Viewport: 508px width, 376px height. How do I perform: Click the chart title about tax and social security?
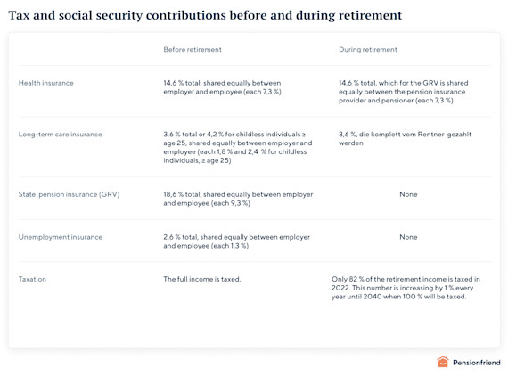205,15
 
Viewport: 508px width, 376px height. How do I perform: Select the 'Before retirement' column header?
193,50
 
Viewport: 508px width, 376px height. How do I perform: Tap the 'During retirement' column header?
368,50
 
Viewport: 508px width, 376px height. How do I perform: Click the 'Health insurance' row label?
46,83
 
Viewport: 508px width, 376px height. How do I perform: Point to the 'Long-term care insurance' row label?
61,135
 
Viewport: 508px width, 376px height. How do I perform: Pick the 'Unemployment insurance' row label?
61,237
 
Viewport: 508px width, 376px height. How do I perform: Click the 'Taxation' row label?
32,279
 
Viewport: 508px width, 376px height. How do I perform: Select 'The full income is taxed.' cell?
201,279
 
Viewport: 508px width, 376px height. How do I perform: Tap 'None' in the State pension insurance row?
408,194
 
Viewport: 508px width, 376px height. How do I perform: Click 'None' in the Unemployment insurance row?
408,237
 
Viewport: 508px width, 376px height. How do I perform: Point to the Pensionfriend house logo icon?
443,363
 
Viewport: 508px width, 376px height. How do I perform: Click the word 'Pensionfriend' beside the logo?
477,363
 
